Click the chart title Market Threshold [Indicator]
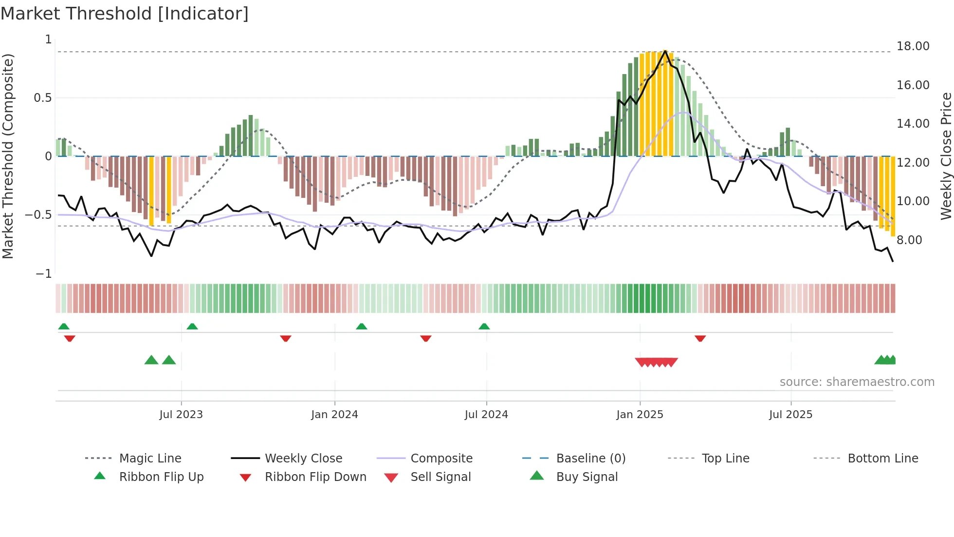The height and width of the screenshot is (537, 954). tap(125, 14)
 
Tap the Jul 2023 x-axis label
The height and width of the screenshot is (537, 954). tap(181, 414)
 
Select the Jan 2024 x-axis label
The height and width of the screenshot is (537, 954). tap(335, 414)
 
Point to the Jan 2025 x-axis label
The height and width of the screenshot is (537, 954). tap(640, 414)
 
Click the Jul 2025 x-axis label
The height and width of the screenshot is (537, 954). tap(791, 414)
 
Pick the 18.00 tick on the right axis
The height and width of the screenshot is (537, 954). tap(913, 46)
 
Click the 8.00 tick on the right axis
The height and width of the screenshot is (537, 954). tap(909, 240)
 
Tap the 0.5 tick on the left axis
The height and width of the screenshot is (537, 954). tap(42, 98)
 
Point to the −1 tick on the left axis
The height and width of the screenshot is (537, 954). tap(44, 274)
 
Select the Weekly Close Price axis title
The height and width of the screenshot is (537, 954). tap(946, 156)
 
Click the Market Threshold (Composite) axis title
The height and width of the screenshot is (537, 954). tap(8, 156)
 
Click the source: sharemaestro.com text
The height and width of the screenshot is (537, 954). tap(857, 382)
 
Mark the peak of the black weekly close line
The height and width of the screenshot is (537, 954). tap(665, 51)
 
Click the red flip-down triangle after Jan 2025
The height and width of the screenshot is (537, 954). tap(700, 338)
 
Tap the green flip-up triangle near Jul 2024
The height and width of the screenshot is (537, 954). tap(484, 326)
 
